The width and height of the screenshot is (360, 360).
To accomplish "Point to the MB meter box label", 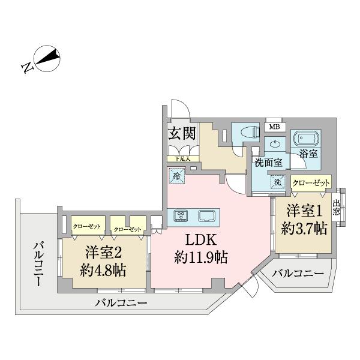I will point(274,127).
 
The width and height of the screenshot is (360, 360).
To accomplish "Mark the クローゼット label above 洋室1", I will point(311,182).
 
